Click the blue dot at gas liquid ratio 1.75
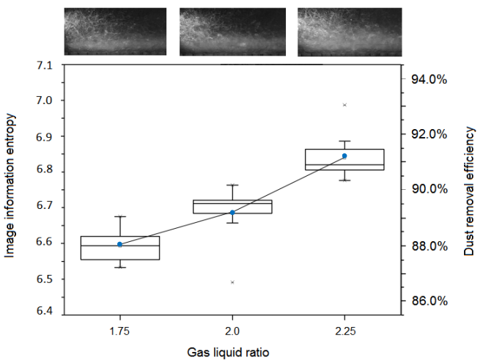coord(119,244)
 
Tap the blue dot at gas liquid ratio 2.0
coord(232,213)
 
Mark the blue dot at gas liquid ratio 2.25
coord(344,156)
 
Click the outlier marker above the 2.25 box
coord(344,105)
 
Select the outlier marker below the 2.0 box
coord(232,282)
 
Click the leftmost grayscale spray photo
coord(115,32)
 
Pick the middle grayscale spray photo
coord(232,32)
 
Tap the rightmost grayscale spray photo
coord(350,32)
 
